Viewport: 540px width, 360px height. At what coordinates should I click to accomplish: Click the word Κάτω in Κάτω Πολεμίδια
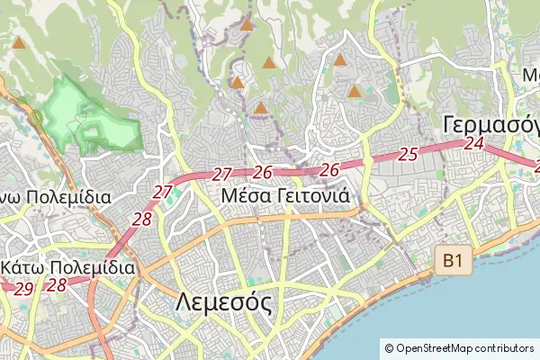25,267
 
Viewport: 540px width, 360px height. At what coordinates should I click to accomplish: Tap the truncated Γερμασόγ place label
490,124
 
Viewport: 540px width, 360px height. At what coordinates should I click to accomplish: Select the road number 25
408,154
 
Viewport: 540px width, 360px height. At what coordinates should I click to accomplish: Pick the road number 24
475,143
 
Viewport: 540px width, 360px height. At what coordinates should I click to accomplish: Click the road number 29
24,288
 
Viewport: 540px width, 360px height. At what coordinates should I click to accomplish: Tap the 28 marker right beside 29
57,284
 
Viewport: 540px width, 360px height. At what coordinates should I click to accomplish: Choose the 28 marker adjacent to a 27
142,218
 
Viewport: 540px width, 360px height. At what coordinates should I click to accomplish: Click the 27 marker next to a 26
222,174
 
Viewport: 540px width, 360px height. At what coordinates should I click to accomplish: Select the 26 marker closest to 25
329,169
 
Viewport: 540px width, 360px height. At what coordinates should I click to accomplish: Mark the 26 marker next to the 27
263,172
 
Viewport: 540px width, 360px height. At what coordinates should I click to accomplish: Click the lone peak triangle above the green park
19,42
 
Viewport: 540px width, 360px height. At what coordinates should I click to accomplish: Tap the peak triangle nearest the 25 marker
355,92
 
